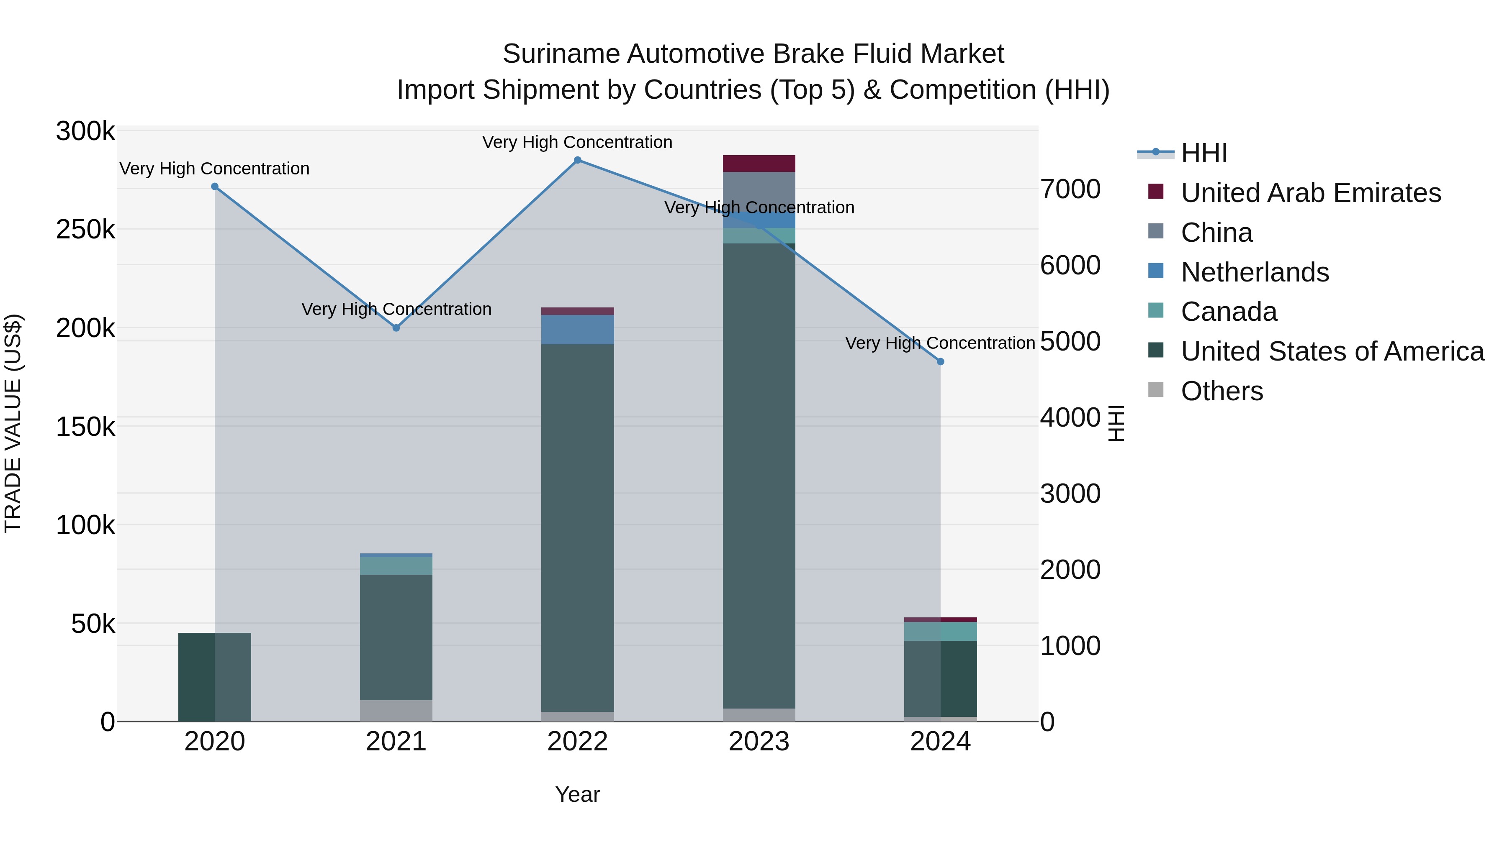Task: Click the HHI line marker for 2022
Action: pos(577,160)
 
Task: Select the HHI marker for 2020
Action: pos(215,187)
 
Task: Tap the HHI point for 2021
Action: pos(396,328)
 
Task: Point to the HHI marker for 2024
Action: pos(940,362)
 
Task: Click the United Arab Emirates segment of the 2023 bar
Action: pos(759,164)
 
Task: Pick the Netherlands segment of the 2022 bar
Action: pos(577,330)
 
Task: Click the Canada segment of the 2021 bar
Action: pos(396,566)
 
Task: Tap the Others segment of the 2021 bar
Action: pos(396,710)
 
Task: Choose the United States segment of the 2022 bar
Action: pos(577,526)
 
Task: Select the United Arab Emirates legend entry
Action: pos(1310,193)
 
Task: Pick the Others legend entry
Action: pos(1222,391)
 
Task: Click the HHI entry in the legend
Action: pos(1204,153)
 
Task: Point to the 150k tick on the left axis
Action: pos(85,427)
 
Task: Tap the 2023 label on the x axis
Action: pos(759,742)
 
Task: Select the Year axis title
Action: pos(577,794)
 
